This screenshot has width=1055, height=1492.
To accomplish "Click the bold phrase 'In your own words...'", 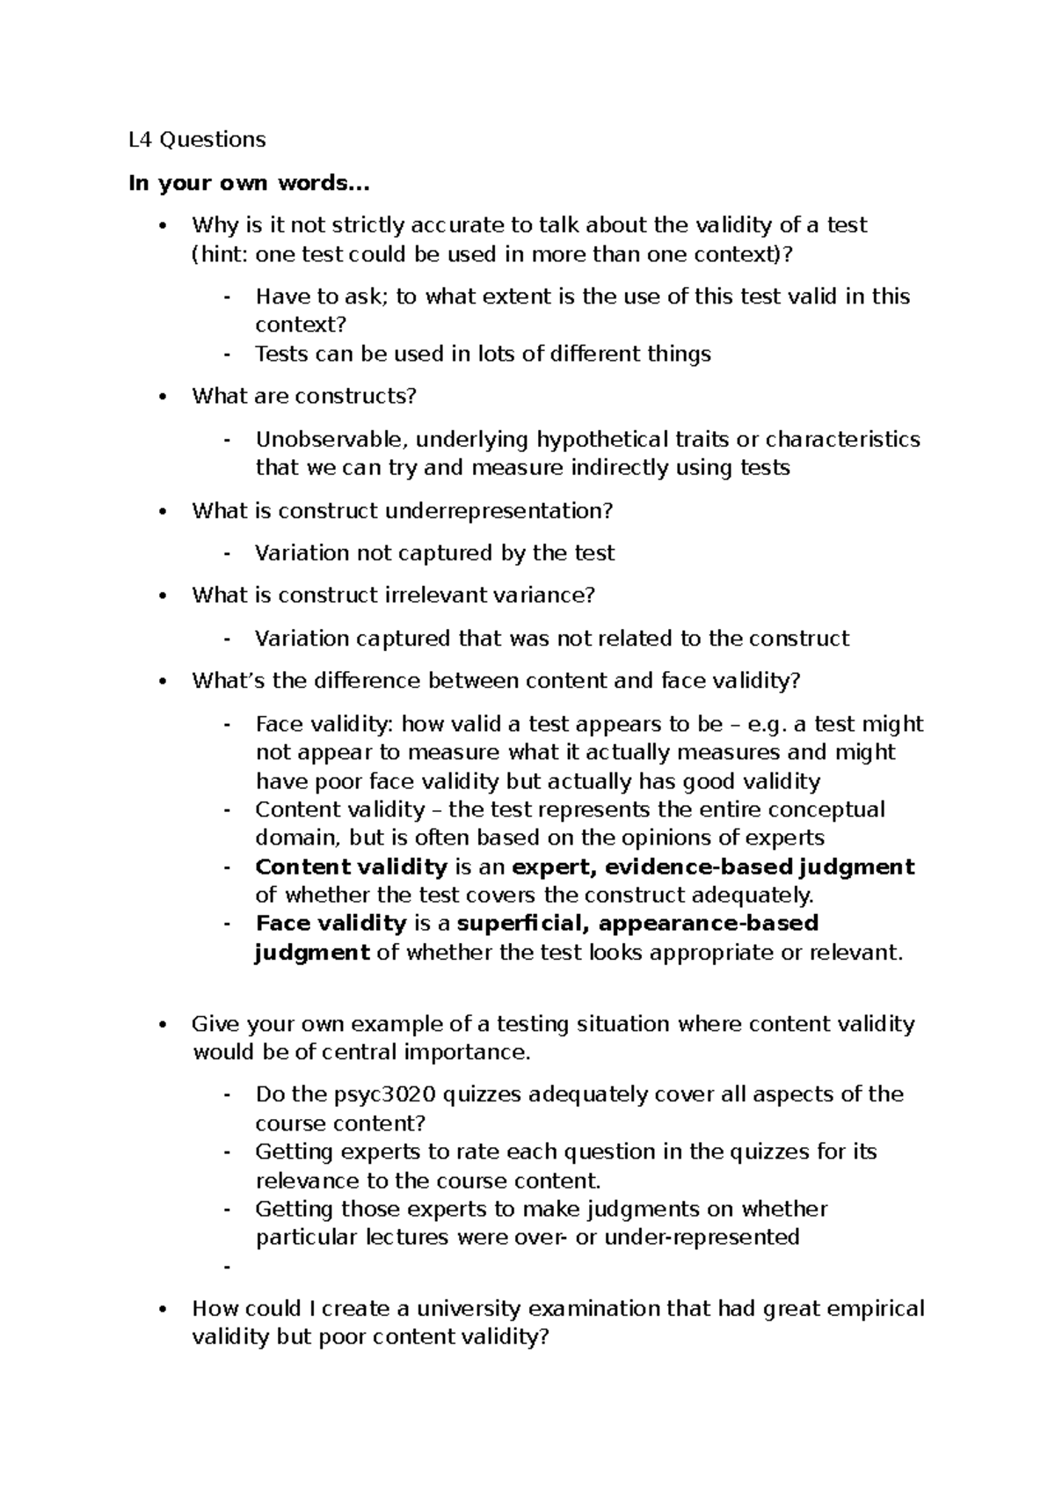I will [249, 183].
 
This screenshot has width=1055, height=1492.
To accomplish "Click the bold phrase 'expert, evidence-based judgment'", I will [713, 867].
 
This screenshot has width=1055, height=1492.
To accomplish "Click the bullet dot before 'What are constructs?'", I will [161, 397].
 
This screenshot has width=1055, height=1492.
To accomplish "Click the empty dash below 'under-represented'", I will [228, 1267].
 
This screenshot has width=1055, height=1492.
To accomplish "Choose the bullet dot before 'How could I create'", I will [161, 1309].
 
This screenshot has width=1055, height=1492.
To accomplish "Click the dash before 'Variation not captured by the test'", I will [228, 553].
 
